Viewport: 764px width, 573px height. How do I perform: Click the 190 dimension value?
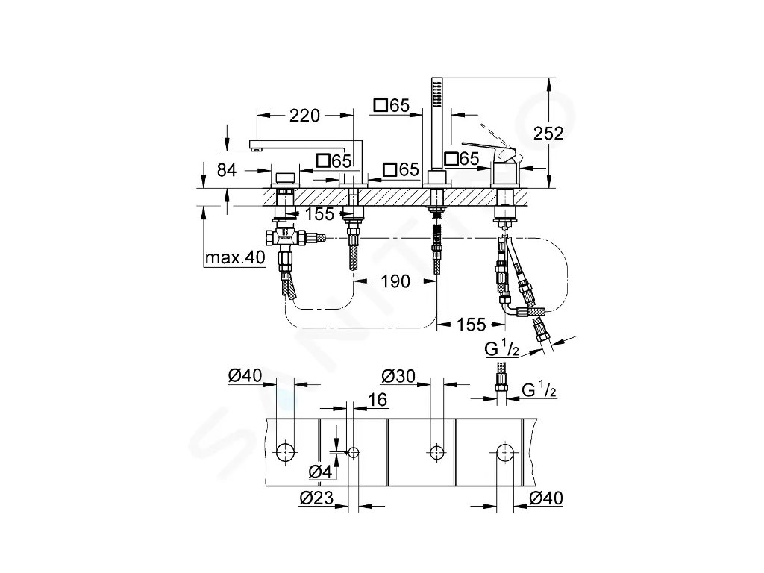point(395,281)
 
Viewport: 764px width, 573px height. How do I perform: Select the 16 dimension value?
point(378,401)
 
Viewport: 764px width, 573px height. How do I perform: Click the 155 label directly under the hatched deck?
point(319,214)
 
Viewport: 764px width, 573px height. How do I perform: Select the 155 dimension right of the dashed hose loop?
point(471,324)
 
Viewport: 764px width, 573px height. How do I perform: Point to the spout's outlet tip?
point(257,149)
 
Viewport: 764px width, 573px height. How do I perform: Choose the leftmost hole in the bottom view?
point(284,451)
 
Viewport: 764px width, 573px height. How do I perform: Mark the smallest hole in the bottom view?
point(354,451)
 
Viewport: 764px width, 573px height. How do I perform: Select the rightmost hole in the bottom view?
point(507,451)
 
